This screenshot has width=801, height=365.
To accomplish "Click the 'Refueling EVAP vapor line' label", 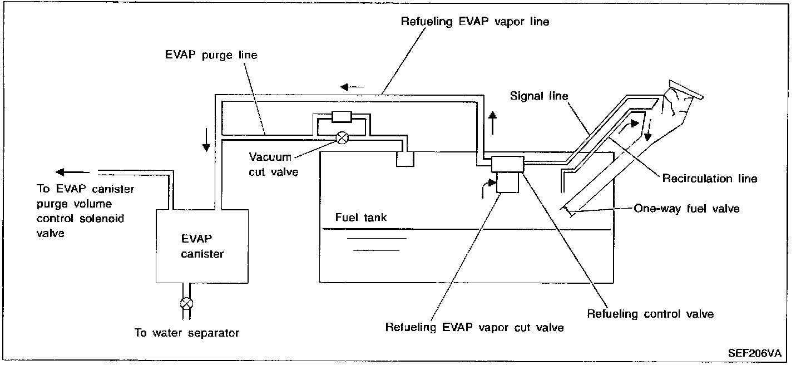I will tap(475, 22).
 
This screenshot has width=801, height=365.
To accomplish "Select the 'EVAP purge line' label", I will tap(211, 56).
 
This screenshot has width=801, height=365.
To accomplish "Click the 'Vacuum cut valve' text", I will tap(274, 165).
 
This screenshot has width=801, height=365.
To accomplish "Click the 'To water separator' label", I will tap(187, 333).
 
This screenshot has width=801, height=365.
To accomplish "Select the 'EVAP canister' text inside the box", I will tap(202, 246).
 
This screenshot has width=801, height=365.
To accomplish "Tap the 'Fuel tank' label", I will tap(360, 218).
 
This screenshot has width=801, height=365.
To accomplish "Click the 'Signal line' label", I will tap(539, 96).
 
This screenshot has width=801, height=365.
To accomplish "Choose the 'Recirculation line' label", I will tap(709, 179).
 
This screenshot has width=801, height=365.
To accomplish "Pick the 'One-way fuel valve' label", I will tap(686, 209).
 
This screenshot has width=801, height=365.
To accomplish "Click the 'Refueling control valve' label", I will tap(650, 314).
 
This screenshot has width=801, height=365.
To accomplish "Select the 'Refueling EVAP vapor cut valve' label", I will tap(474, 327).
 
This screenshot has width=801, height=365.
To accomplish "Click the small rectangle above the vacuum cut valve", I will tap(339, 117).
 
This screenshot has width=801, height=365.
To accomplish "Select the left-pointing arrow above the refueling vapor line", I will tap(353, 87).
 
